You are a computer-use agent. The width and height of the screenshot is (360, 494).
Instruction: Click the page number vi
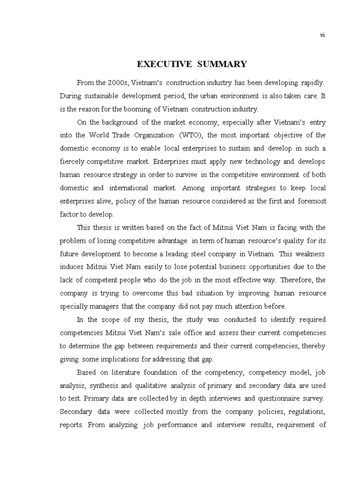[322, 35]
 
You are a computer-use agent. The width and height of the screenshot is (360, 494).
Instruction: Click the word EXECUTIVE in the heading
[164, 64]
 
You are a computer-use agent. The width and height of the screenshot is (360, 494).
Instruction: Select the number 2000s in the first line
[120, 82]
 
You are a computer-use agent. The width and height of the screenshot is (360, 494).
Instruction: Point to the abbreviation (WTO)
[191, 135]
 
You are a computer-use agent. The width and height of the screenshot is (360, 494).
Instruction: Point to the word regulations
[307, 412]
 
